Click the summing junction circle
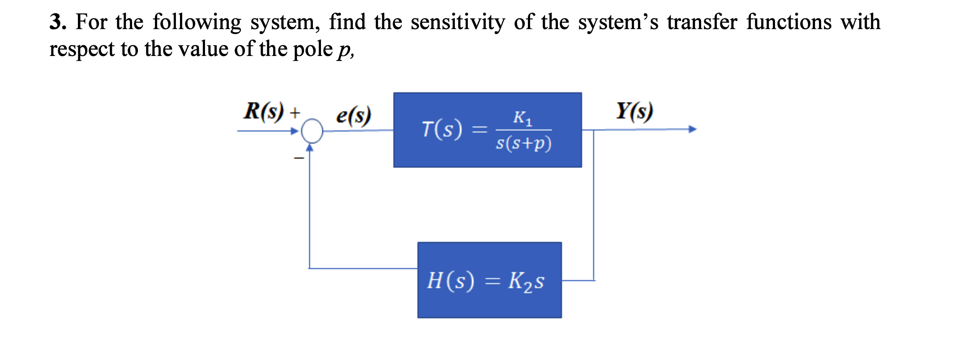(312, 131)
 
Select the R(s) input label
(263, 111)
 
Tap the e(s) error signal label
(353, 115)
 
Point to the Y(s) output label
(634, 111)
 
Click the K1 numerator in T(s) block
(523, 118)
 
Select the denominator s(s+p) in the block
(523, 143)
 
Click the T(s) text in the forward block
(442, 129)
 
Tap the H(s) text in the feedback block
(450, 281)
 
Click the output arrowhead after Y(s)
(693, 129)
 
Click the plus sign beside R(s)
(294, 112)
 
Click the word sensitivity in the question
(458, 22)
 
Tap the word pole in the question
(313, 49)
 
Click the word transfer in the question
(702, 22)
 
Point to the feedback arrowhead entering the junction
(309, 147)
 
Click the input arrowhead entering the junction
(295, 131)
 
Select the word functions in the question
(789, 22)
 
